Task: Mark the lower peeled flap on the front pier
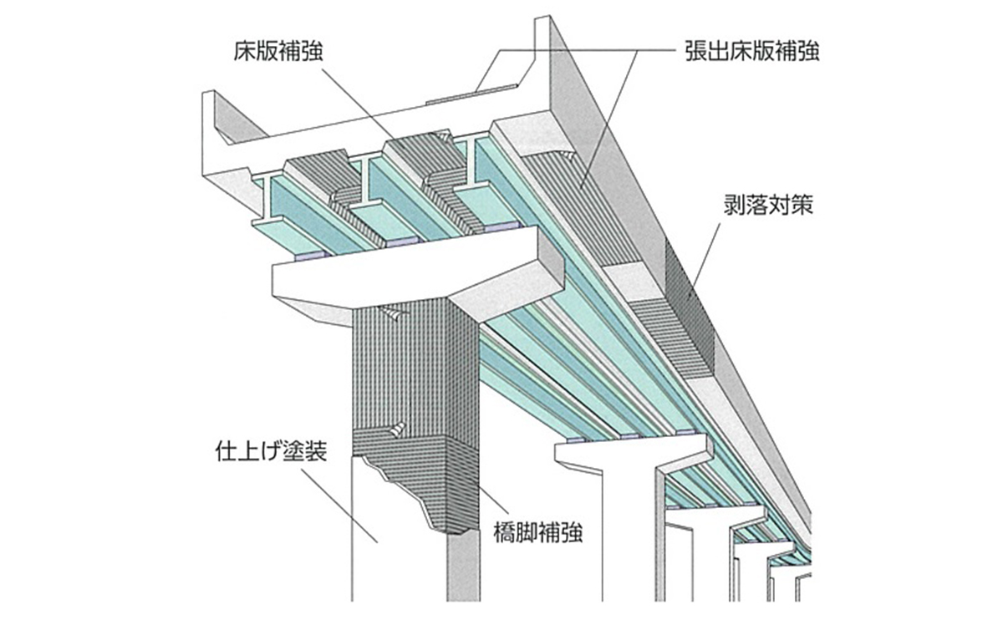398,429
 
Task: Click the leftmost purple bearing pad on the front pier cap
299,253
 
